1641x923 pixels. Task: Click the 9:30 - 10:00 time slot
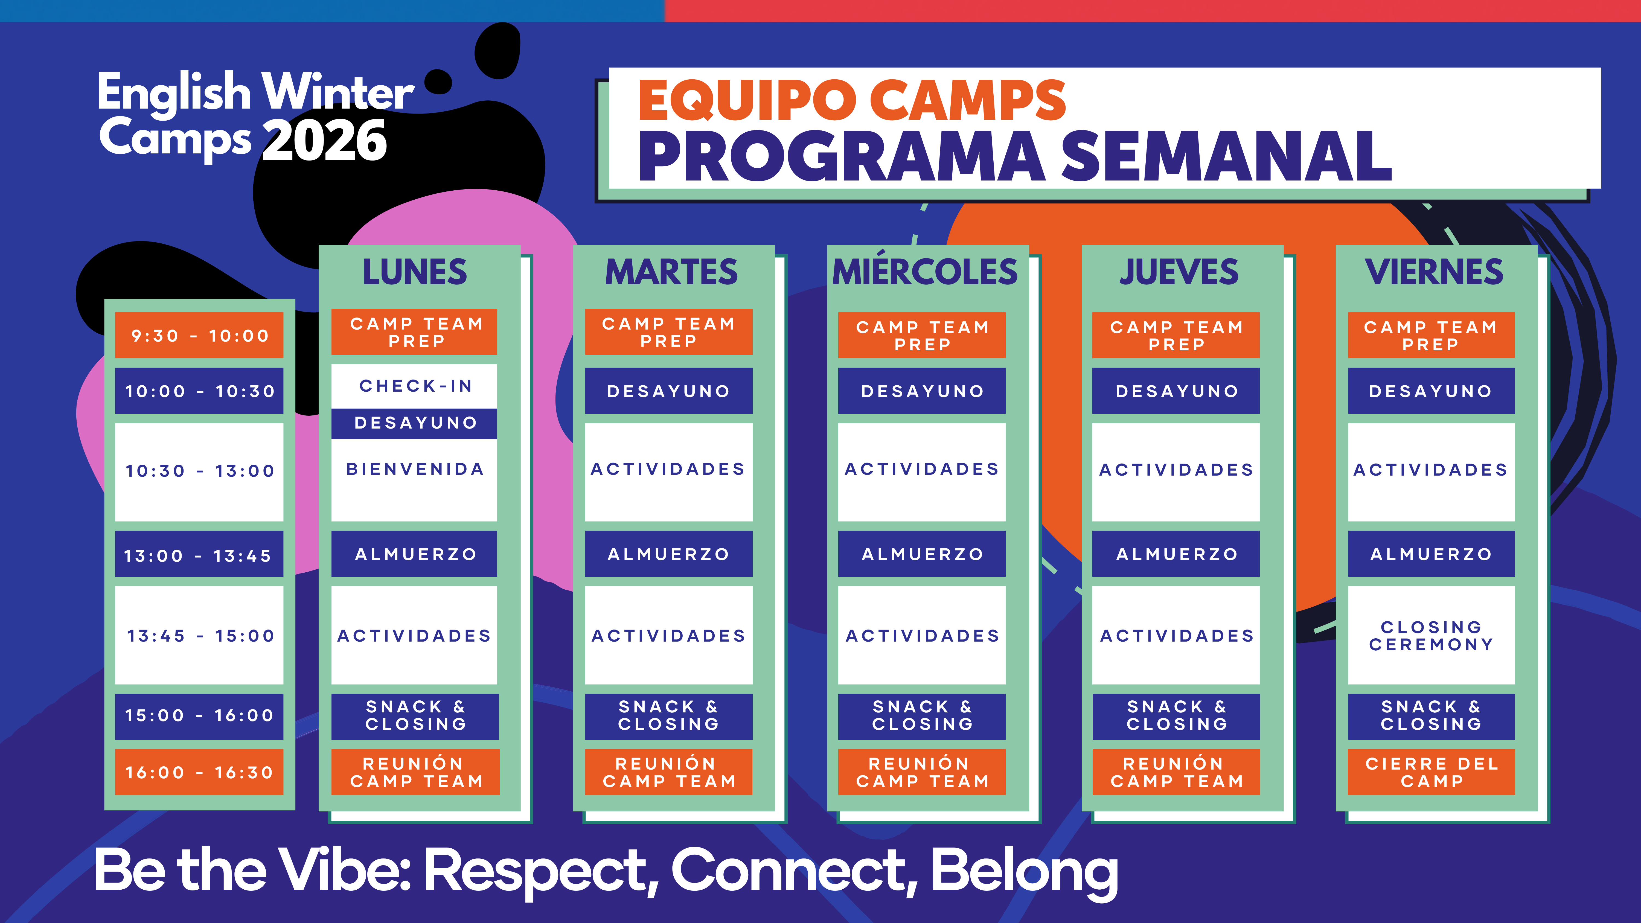[199, 335]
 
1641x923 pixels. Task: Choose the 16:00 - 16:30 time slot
[199, 772]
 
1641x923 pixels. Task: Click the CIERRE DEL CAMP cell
[1431, 772]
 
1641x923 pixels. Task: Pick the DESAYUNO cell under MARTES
[669, 391]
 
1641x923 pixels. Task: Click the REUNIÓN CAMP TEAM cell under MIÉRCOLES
[922, 772]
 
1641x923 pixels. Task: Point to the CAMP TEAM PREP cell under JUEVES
[1176, 335]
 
